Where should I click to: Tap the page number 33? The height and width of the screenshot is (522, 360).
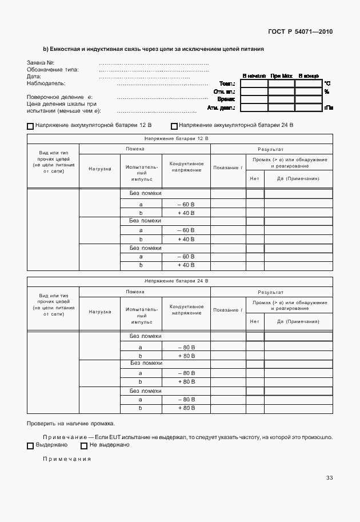(329, 477)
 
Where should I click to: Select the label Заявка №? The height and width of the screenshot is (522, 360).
(41, 62)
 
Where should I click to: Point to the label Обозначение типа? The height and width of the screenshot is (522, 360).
(53, 69)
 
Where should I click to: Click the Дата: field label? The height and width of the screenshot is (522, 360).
(34, 76)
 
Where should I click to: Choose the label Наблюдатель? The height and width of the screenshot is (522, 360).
(46, 83)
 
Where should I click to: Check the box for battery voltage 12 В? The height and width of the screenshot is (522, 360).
(30, 126)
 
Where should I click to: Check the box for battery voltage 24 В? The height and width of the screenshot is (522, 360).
(174, 126)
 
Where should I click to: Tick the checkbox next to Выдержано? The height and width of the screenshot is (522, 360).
(30, 445)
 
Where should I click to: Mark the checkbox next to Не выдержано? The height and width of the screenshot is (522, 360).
(84, 445)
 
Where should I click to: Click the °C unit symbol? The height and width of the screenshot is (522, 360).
(327, 83)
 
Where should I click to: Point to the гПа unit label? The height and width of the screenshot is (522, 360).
(329, 107)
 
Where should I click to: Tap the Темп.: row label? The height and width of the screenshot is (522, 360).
(227, 83)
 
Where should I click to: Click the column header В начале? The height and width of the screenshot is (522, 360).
(254, 75)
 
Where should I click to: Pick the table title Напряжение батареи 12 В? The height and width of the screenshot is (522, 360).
(176, 138)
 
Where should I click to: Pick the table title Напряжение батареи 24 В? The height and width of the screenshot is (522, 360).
(176, 281)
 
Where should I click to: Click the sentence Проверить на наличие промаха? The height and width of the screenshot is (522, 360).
(70, 424)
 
